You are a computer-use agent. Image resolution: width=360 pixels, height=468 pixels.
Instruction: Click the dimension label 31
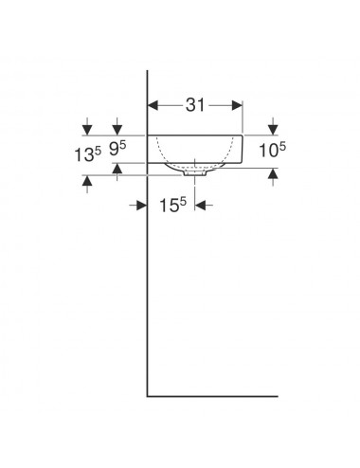[x=195, y=105]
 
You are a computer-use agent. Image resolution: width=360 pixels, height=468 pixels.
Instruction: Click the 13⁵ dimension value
[x=88, y=154]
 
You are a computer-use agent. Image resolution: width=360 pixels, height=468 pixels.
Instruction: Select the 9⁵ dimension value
[x=117, y=149]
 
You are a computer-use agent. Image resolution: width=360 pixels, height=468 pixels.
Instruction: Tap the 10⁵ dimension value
[x=272, y=150]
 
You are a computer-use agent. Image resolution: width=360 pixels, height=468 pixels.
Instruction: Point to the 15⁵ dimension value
[x=172, y=206]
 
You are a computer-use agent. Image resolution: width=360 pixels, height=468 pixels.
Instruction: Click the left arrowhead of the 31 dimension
[x=153, y=105]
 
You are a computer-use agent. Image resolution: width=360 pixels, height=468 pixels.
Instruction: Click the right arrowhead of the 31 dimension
[x=237, y=105]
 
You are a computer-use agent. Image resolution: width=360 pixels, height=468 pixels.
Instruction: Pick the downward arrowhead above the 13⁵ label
[x=87, y=130]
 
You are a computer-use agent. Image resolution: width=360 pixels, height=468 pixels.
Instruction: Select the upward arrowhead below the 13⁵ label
[x=87, y=181]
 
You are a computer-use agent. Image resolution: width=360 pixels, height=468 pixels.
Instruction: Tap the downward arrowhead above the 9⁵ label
[x=117, y=130]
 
